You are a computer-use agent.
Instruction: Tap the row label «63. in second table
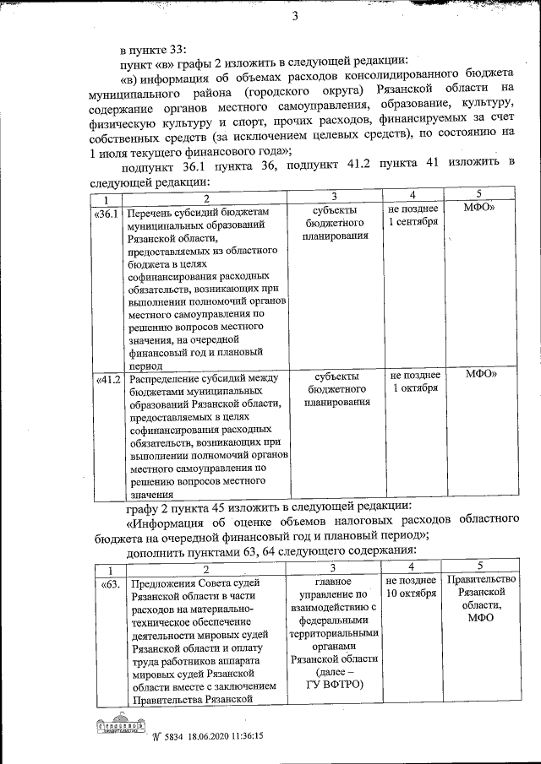(x=110, y=583)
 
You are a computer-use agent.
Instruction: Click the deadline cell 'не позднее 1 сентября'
(x=413, y=215)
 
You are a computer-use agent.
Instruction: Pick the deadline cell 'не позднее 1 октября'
(x=414, y=382)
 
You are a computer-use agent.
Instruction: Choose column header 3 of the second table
(x=334, y=567)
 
